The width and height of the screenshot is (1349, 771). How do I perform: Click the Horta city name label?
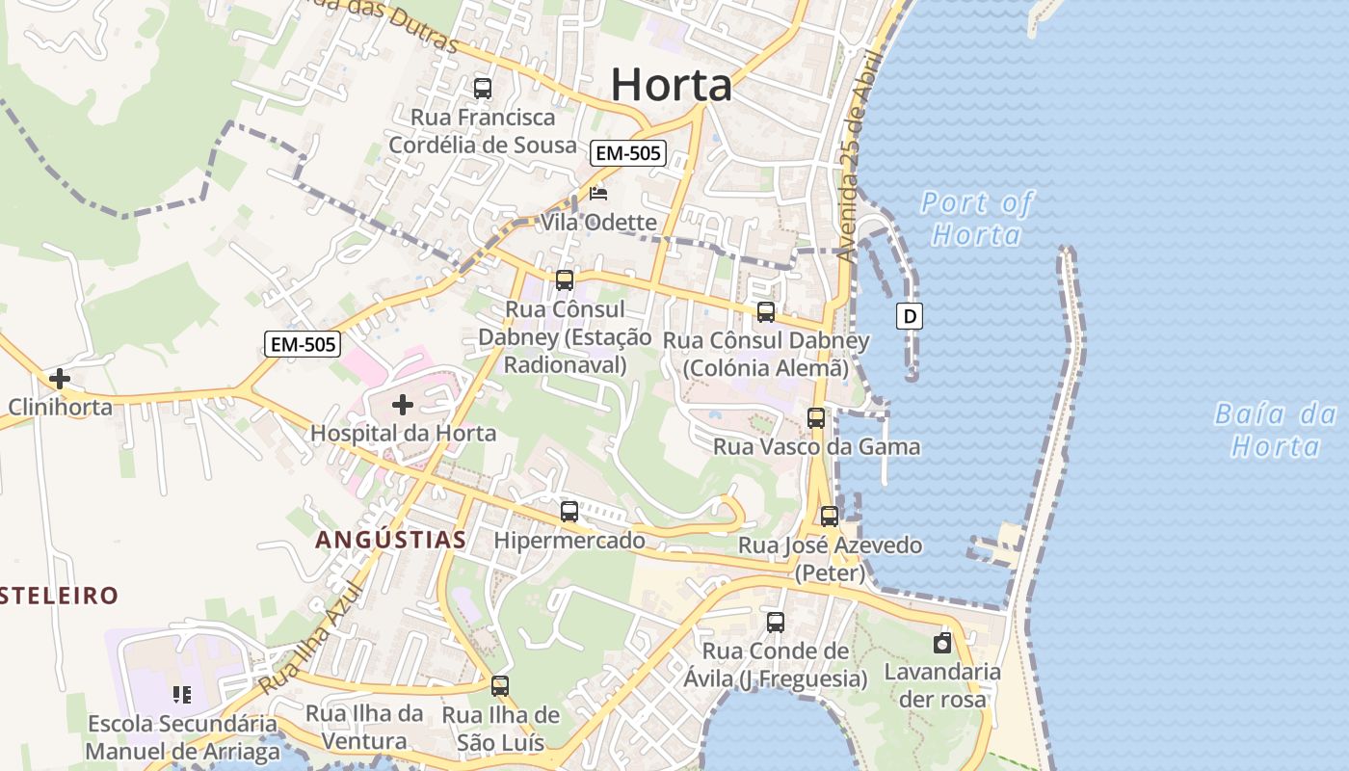point(672,85)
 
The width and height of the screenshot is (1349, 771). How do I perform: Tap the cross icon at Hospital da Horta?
point(403,406)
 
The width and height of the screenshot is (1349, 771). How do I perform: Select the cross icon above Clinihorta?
point(60,379)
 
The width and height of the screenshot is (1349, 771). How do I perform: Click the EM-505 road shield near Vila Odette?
point(628,152)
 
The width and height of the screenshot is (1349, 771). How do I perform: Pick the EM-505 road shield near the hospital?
point(303,344)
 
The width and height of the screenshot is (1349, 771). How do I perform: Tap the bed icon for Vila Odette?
point(598,194)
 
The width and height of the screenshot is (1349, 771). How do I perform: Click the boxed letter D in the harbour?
point(909,315)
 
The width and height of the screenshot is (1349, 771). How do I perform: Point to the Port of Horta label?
point(976,219)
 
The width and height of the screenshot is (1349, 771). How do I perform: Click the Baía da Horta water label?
point(1276,430)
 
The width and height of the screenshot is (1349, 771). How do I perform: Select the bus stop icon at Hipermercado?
point(569,512)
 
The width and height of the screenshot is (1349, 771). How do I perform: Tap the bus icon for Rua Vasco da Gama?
point(816,418)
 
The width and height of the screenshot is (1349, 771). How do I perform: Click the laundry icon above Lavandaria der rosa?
point(942,643)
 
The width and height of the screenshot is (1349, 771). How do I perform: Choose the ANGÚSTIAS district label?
point(391,540)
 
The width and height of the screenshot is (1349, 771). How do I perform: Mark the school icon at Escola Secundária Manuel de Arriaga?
point(182,694)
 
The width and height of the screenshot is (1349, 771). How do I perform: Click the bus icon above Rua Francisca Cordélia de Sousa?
point(483,89)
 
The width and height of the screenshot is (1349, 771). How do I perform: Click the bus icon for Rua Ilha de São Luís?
point(500,686)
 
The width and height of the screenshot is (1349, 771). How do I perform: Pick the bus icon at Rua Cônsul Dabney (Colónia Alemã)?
point(766,312)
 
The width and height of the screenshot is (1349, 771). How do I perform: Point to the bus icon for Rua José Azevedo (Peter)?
point(829,517)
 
